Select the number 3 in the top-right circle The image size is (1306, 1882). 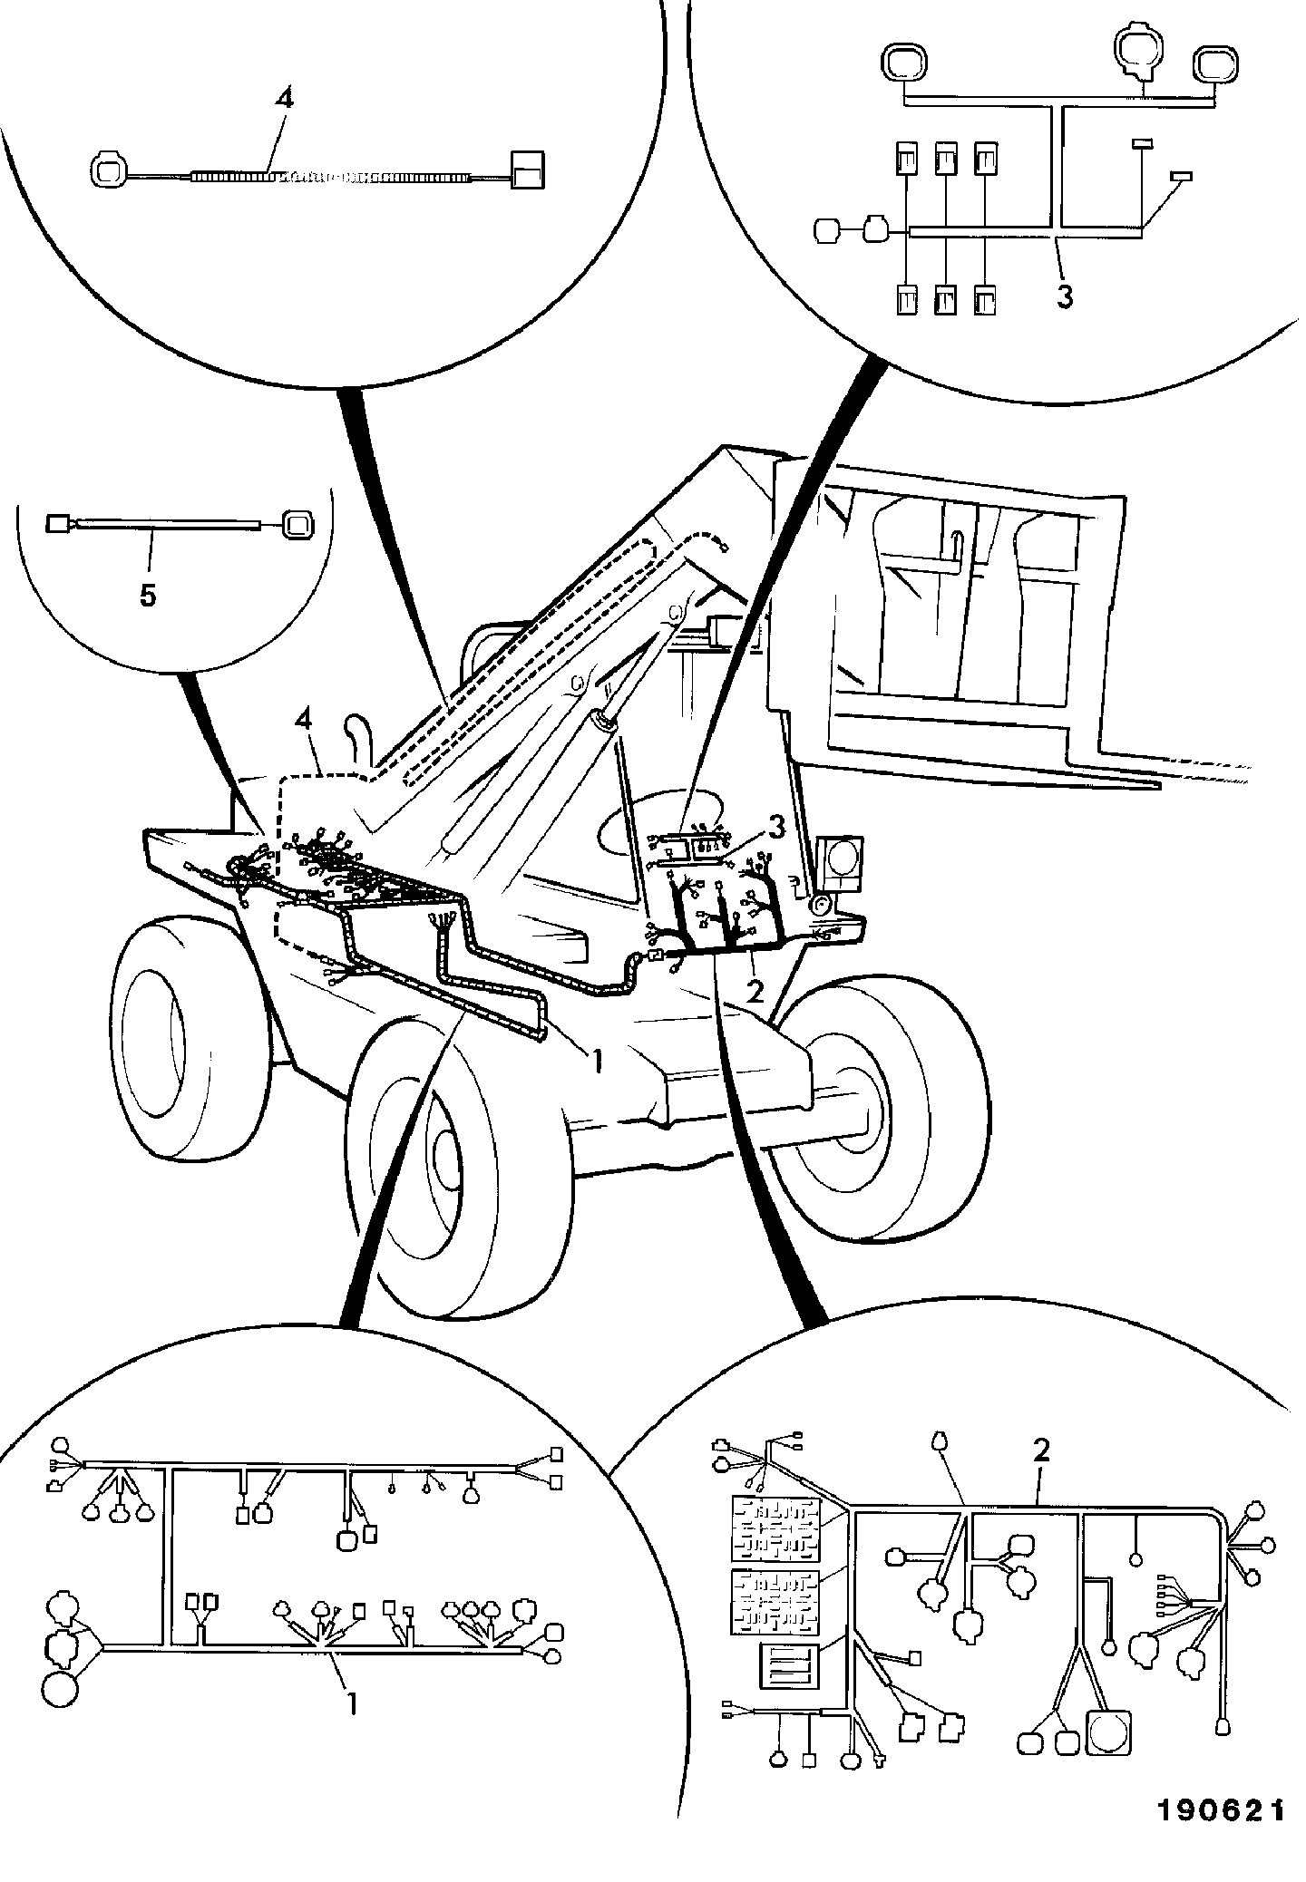[x=1065, y=296]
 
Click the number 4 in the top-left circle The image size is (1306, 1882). [x=284, y=99]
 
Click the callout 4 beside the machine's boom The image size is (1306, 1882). [x=305, y=722]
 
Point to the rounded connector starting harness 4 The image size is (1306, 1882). [x=111, y=170]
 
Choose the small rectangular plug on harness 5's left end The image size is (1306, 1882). [x=58, y=523]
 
